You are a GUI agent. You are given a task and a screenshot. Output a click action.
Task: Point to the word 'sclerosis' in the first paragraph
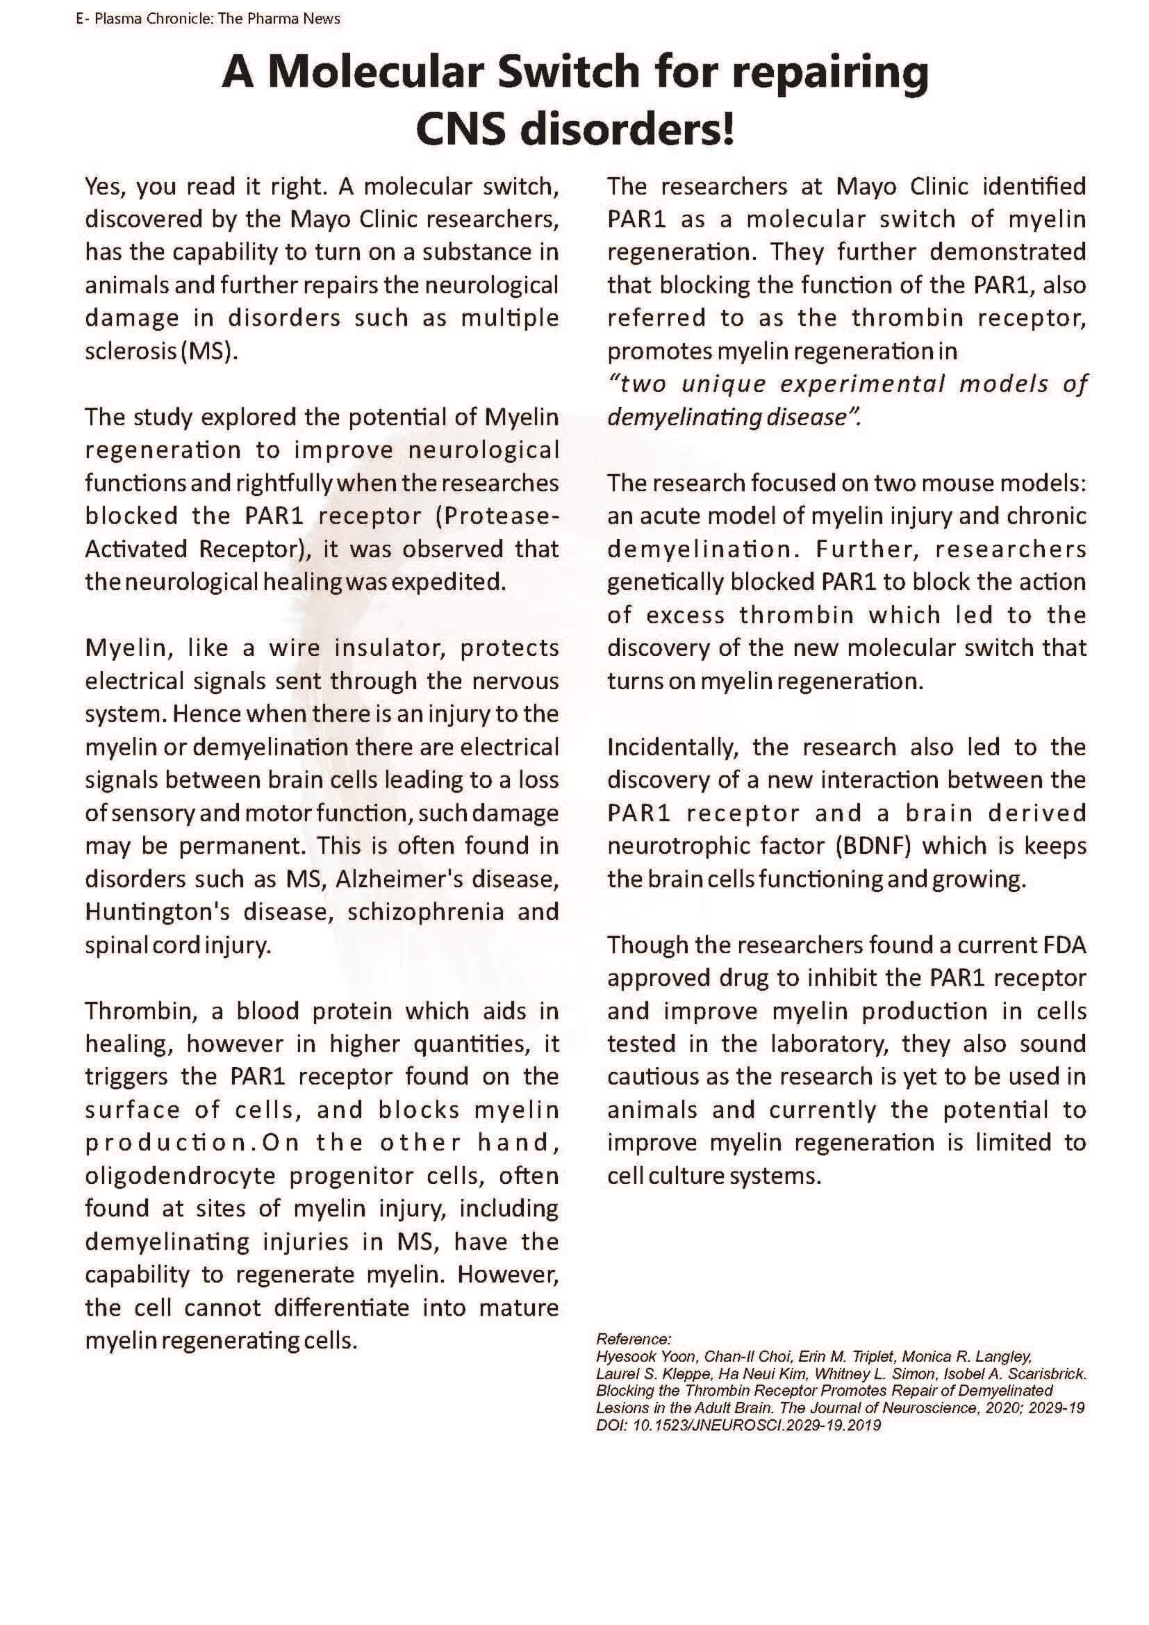130,352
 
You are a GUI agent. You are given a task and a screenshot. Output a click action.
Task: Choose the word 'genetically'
665,581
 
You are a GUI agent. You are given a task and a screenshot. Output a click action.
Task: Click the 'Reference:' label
634,1339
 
